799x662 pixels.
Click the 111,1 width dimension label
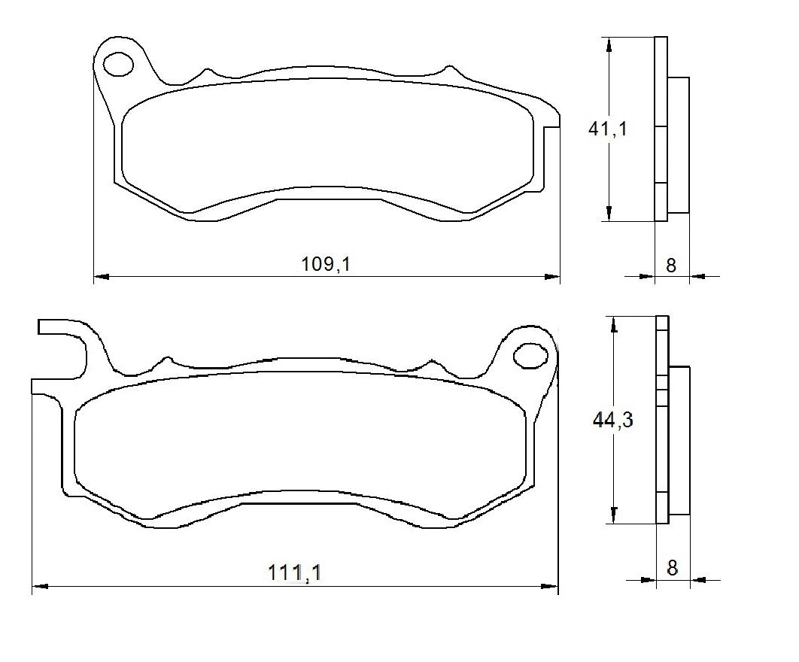(295, 572)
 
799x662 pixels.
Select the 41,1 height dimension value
(607, 129)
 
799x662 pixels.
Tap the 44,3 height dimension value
(612, 420)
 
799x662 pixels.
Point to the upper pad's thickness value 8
(671, 265)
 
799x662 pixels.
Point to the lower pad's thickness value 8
(672, 567)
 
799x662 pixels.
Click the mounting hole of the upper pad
(117, 65)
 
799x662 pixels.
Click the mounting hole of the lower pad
(530, 355)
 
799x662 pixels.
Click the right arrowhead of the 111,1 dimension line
(551, 586)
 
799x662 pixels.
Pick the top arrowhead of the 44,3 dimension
(615, 324)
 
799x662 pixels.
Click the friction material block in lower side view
(679, 440)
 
